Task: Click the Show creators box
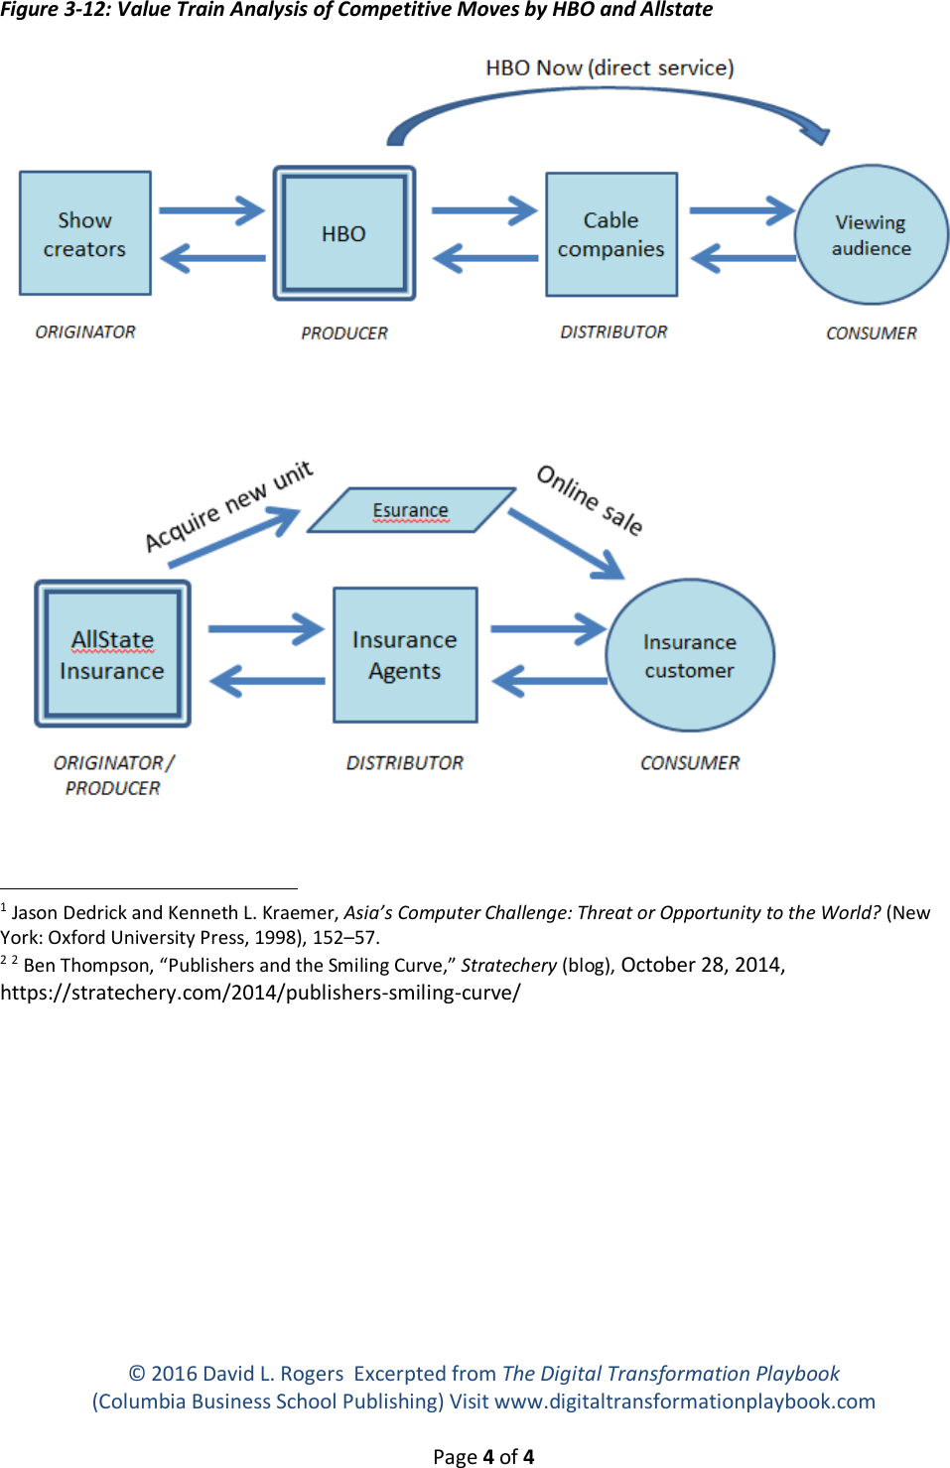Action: point(85,233)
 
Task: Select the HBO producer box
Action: point(343,233)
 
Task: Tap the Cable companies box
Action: point(611,234)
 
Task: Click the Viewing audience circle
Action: point(872,234)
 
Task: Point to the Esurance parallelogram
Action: point(411,510)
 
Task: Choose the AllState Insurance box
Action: point(112,654)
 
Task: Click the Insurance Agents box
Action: point(405,655)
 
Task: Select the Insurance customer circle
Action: point(690,655)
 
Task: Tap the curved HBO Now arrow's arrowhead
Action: point(815,130)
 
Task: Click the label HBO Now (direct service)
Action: point(610,67)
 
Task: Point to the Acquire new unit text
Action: point(228,505)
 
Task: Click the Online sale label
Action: point(591,499)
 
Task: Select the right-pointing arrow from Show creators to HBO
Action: point(211,210)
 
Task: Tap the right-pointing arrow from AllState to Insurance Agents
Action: point(266,628)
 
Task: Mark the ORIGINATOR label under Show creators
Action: point(85,332)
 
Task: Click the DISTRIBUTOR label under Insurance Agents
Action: point(405,762)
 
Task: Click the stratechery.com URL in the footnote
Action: point(260,992)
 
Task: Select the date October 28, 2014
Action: point(702,965)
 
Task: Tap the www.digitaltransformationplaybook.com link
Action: point(684,1401)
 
